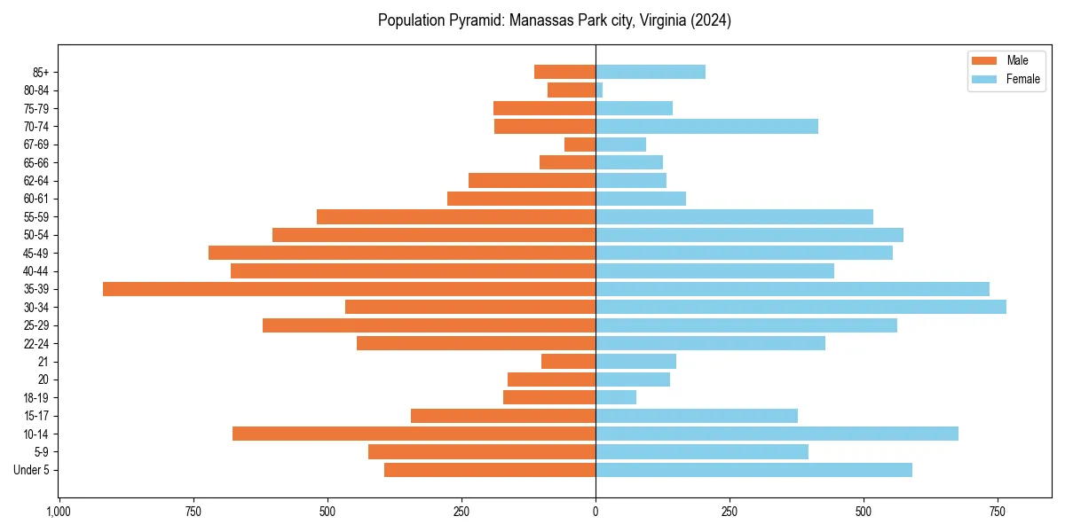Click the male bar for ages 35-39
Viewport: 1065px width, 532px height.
tap(349, 289)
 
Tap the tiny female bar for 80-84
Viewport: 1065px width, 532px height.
tap(600, 90)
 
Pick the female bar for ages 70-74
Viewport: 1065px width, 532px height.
tap(706, 126)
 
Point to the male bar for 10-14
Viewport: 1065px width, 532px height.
tap(414, 434)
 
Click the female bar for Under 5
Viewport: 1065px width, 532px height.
tap(753, 470)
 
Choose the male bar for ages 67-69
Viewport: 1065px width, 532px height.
tap(580, 145)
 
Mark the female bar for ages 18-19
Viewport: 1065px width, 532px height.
tap(616, 397)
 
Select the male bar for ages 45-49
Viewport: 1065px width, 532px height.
tap(402, 253)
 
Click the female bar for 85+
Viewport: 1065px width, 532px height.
tap(651, 72)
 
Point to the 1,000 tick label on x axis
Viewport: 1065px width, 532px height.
tap(59, 512)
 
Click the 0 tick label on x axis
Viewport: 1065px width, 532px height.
tap(596, 512)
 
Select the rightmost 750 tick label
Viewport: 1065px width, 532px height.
tap(998, 512)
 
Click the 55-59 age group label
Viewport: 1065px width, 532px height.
tap(36, 216)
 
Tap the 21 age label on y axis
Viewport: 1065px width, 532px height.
tap(43, 362)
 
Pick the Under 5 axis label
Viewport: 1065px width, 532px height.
tap(31, 470)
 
